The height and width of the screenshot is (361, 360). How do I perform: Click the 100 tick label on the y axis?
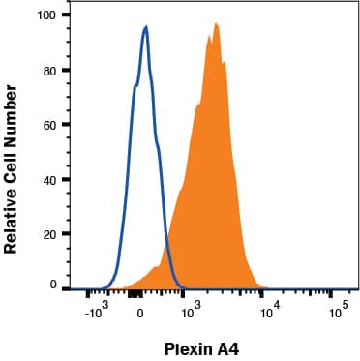click(45, 15)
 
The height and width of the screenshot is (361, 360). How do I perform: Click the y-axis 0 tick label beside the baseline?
click(52, 285)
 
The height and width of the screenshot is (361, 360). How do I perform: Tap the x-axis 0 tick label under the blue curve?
click(140, 312)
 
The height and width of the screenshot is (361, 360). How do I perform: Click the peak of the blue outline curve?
click(145, 27)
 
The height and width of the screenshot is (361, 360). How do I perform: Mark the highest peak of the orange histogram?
click(216, 23)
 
